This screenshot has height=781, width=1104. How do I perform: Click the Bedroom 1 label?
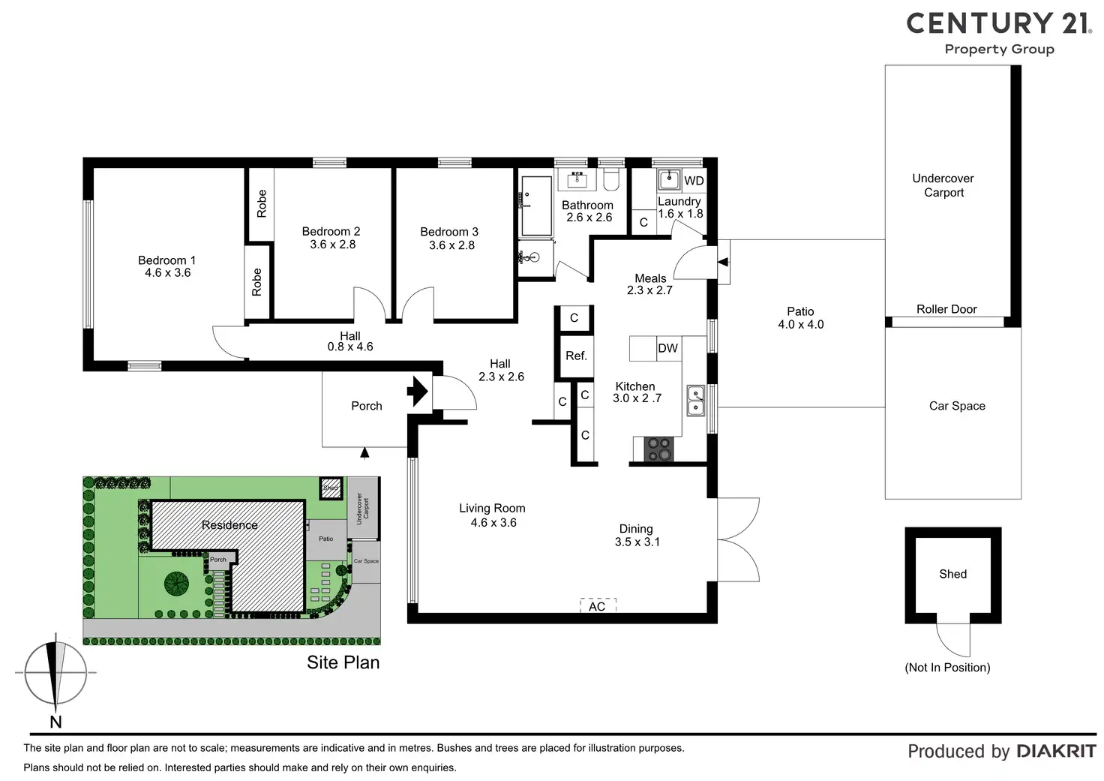click(166, 260)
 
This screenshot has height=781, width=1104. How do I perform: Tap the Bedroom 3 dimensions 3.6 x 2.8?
click(451, 245)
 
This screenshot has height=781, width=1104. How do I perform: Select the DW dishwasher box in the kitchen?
click(667, 348)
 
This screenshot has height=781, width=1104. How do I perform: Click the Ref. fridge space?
click(576, 356)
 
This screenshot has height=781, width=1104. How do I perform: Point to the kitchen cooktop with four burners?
click(659, 449)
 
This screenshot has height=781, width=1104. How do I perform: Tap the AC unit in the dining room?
click(598, 605)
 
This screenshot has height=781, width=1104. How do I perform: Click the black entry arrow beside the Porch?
click(417, 392)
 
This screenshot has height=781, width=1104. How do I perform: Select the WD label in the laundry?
click(694, 181)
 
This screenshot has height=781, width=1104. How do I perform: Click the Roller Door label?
click(946, 309)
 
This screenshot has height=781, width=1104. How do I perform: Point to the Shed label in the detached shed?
click(952, 574)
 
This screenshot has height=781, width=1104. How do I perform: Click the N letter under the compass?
click(55, 722)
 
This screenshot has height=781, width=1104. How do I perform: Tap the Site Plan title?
click(343, 662)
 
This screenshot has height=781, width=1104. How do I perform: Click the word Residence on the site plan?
click(229, 525)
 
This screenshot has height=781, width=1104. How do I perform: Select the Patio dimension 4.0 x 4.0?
click(800, 325)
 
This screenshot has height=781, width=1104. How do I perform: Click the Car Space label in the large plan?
click(957, 406)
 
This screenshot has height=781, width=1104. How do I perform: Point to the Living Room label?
click(492, 508)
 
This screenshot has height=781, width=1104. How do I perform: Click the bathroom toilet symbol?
click(610, 179)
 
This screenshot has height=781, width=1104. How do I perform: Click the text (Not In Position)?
click(947, 667)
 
